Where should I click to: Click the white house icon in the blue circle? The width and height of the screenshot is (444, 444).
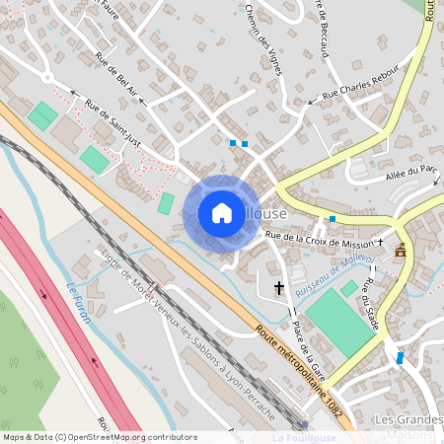[222, 213]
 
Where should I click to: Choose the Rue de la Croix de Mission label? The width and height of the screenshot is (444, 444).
[318, 240]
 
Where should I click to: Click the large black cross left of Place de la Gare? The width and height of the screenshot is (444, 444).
[279, 289]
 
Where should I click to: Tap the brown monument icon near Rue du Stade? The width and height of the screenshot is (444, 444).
[401, 251]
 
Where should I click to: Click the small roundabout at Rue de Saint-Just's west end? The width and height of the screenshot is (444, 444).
[47, 77]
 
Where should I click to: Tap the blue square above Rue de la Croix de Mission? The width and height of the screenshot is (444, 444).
[333, 219]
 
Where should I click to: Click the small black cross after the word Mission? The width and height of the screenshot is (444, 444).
[380, 241]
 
